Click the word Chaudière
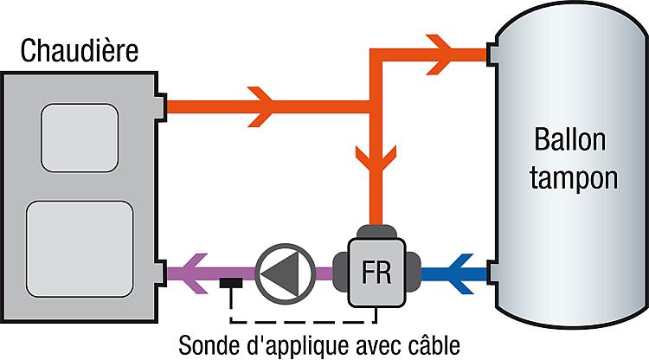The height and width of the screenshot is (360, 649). (x=79, y=50)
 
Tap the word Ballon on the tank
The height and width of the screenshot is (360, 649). (x=570, y=140)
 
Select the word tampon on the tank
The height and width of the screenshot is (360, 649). (x=574, y=179)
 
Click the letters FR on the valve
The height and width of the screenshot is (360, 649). (x=376, y=273)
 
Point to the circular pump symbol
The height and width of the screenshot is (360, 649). (x=286, y=273)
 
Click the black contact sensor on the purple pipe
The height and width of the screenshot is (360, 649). (x=231, y=283)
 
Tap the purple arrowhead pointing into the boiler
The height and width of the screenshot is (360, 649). (x=194, y=273)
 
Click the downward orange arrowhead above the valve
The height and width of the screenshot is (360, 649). (x=376, y=159)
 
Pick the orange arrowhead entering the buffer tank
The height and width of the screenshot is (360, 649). (x=439, y=55)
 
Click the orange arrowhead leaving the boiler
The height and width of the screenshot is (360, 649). (x=260, y=106)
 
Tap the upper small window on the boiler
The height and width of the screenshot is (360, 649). (x=80, y=138)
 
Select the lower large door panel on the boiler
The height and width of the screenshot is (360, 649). (x=80, y=249)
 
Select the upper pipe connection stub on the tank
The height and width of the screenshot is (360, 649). (x=492, y=55)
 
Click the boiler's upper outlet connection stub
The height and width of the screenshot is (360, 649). (x=162, y=106)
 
